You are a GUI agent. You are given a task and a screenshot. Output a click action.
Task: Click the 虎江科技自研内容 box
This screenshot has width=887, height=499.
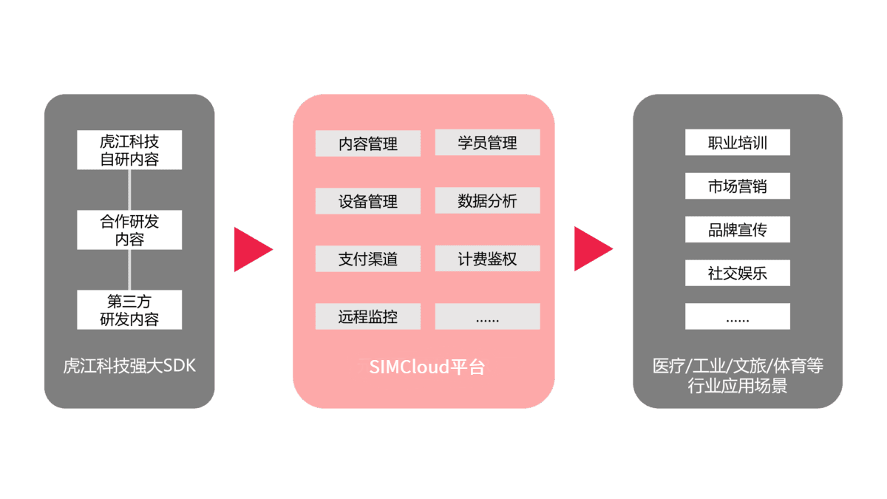tap(129, 149)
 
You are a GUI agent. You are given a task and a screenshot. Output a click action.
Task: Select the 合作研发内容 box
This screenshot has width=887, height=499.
tap(129, 229)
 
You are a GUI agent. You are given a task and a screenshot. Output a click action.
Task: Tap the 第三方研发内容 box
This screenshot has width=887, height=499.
tap(129, 310)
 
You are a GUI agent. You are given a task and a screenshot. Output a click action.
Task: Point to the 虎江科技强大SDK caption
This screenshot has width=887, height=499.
tap(129, 365)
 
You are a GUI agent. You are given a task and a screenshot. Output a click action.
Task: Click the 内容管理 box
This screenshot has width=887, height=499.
tap(368, 143)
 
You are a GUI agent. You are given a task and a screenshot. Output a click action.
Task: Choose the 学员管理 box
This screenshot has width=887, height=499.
tap(487, 143)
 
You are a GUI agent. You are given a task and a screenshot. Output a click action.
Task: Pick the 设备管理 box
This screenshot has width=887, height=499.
tap(368, 201)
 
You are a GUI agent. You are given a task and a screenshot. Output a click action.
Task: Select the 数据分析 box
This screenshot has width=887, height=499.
tap(487, 200)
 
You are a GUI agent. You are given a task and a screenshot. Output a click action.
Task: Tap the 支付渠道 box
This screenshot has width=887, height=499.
tap(368, 259)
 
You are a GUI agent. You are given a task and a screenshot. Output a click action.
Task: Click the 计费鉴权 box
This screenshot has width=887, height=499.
tap(487, 259)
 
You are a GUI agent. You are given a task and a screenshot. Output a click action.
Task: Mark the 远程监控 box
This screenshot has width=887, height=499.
tap(368, 316)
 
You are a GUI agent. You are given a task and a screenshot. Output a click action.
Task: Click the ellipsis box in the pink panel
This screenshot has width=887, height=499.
tap(487, 316)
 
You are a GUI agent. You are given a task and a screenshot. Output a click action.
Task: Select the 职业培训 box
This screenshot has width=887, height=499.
tap(738, 143)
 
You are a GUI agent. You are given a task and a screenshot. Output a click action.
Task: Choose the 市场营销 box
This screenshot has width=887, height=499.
tap(738, 186)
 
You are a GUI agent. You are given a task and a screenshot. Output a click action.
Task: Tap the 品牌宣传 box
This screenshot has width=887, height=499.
tap(738, 229)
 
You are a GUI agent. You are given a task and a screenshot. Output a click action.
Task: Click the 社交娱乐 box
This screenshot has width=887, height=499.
tap(738, 273)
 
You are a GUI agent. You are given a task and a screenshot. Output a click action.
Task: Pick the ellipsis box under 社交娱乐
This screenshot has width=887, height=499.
tap(738, 316)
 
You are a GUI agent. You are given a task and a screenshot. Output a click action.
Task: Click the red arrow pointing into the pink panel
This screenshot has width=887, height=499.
tap(252, 249)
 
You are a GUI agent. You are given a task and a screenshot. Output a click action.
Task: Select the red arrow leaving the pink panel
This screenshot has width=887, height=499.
tap(592, 249)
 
